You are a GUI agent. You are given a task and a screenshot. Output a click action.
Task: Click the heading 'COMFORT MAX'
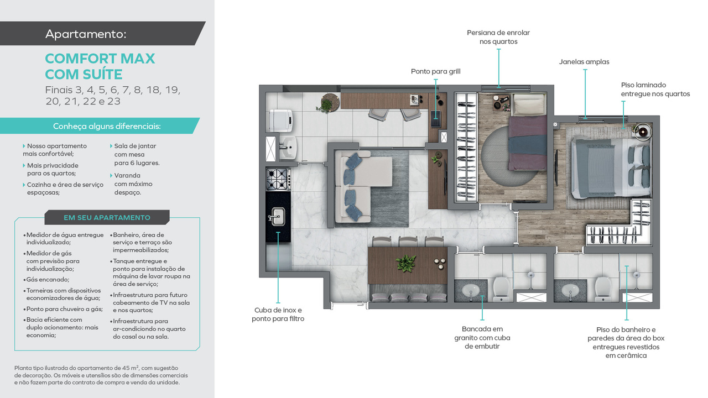point(100,59)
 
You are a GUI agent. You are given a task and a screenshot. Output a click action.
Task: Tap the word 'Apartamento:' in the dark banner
point(86,34)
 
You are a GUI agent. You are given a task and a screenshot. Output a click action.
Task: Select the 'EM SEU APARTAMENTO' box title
point(107,218)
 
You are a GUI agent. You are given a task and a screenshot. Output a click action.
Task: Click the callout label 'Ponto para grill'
point(435,71)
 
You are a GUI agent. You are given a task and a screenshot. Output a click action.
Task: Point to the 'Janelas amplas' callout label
point(584,62)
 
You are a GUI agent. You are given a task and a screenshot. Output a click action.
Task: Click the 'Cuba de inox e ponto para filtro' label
point(278,315)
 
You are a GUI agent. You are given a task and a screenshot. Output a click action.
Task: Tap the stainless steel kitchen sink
point(277,217)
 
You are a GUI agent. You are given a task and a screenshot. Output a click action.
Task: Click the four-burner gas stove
point(278,179)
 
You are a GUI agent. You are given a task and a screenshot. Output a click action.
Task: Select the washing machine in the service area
point(280,121)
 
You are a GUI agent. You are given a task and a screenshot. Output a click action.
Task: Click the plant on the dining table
point(406,263)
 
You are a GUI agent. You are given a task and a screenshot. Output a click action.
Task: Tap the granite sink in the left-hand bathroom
point(471,291)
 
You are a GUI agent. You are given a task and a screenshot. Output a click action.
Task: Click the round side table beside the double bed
point(643,132)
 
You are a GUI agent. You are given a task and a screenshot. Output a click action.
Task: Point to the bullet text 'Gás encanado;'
point(48,280)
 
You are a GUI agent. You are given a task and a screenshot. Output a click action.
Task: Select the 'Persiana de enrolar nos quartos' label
point(498,37)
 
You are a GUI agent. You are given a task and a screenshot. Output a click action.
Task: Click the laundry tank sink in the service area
point(288,148)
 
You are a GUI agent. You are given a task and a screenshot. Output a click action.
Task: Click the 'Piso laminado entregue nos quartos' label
point(655,90)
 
